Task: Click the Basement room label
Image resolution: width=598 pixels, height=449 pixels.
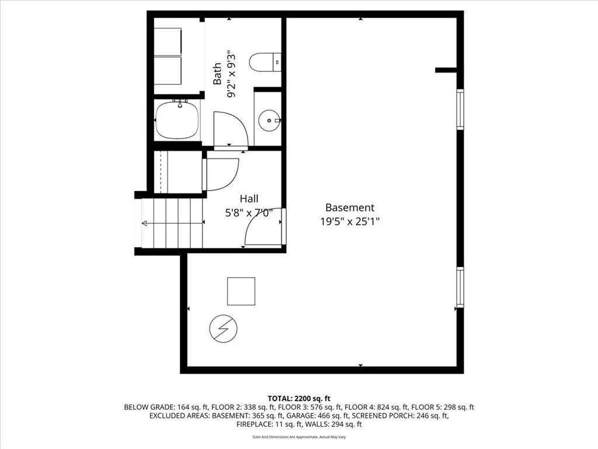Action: click(x=349, y=208)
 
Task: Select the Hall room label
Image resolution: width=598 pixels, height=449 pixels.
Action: click(x=249, y=199)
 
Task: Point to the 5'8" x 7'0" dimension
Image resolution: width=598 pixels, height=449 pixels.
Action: click(x=249, y=213)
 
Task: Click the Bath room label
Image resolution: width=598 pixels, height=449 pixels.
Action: click(x=217, y=74)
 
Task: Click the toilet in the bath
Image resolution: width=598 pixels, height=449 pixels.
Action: click(x=265, y=62)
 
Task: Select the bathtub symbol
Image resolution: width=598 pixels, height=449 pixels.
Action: click(x=177, y=120)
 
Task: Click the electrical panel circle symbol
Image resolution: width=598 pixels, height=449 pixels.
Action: click(x=224, y=329)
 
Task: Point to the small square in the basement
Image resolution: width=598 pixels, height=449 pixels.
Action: click(x=241, y=291)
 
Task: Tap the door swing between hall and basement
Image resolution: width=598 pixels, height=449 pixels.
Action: click(x=263, y=228)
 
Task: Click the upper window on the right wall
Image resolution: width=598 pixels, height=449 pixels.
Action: click(x=460, y=109)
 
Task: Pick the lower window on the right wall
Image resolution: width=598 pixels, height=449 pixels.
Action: click(x=460, y=286)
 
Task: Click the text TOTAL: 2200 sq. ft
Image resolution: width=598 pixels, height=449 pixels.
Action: click(x=298, y=398)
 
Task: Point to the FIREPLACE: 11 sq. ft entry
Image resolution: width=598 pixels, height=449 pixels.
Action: click(x=270, y=424)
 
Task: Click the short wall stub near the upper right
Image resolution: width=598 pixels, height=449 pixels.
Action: click(x=447, y=70)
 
